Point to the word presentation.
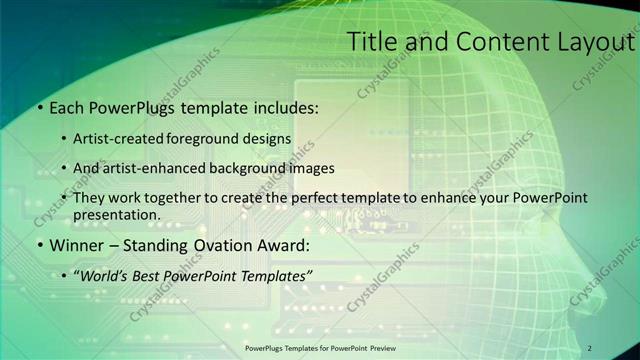[116, 215]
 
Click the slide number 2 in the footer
[590, 347]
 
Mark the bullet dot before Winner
[39, 245]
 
